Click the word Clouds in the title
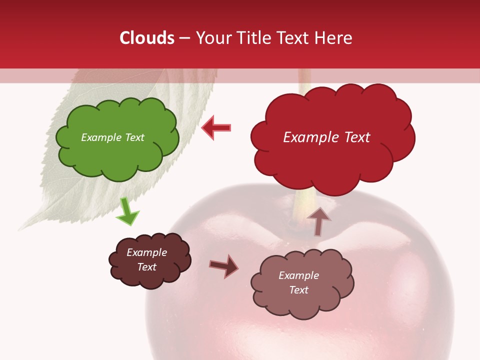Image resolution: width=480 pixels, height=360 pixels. pyautogui.click(x=146, y=38)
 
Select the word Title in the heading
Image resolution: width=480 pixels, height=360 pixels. pyautogui.click(x=254, y=38)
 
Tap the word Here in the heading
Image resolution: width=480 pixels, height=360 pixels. pyautogui.click(x=333, y=38)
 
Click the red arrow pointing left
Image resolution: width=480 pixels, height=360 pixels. pyautogui.click(x=216, y=127)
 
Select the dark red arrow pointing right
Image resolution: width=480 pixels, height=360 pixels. pyautogui.click(x=224, y=266)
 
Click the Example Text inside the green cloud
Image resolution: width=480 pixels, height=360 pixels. pyautogui.click(x=112, y=137)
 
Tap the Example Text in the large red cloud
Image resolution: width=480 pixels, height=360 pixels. pyautogui.click(x=326, y=137)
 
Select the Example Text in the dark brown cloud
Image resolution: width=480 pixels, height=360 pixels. pyautogui.click(x=146, y=259)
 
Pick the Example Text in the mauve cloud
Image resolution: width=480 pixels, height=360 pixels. pyautogui.click(x=298, y=282)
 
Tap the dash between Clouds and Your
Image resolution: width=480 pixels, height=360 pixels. pyautogui.click(x=184, y=38)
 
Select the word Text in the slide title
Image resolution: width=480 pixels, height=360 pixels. pyautogui.click(x=293, y=38)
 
